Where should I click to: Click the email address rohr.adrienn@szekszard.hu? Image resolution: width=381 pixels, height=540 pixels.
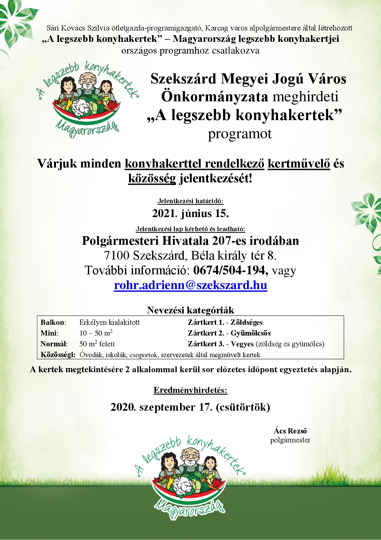[190, 285]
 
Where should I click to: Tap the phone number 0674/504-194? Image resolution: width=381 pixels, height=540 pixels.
[230, 270]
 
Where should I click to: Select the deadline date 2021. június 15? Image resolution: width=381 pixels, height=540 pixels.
[190, 213]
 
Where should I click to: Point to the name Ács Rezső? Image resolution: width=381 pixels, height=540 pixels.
[290, 431]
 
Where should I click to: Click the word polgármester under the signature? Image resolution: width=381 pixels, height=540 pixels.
[290, 440]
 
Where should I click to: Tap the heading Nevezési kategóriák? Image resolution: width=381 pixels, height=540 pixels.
[190, 310]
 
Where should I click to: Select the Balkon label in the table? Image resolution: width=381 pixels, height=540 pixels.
[53, 323]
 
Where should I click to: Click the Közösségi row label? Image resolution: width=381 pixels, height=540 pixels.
[58, 355]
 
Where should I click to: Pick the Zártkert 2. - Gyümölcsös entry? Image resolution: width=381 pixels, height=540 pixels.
[229, 333]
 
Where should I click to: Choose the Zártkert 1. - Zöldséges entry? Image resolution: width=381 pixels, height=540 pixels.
[225, 323]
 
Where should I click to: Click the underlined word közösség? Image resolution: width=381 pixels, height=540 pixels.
[152, 179]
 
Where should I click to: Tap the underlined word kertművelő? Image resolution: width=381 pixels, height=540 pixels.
[299, 163]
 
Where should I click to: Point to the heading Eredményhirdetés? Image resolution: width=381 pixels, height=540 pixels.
[190, 390]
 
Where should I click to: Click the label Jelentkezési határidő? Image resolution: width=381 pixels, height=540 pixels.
[190, 201]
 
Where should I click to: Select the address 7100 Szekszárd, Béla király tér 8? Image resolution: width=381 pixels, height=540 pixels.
[190, 256]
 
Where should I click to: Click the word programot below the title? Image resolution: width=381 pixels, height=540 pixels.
[240, 134]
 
